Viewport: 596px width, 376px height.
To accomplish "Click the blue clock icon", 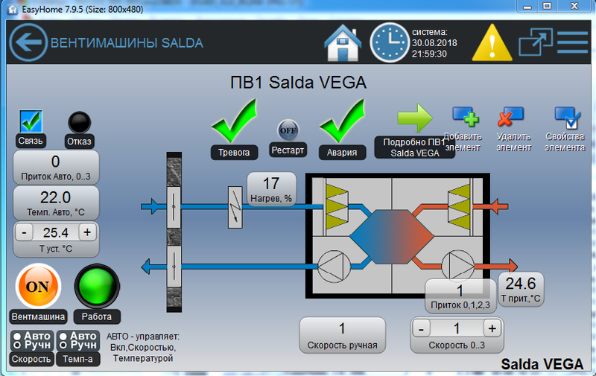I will [x=389, y=42].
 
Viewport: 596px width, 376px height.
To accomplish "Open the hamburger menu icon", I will [x=572, y=42].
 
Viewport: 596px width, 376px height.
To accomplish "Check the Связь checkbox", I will [x=31, y=121].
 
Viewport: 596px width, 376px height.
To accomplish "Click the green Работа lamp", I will [x=97, y=286].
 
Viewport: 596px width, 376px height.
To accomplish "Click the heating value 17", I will [x=271, y=183].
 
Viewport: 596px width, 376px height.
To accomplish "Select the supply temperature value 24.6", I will [x=521, y=284].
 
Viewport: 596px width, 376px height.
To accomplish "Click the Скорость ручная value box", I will [x=342, y=328].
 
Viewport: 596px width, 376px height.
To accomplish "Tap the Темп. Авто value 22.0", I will [x=56, y=197].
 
